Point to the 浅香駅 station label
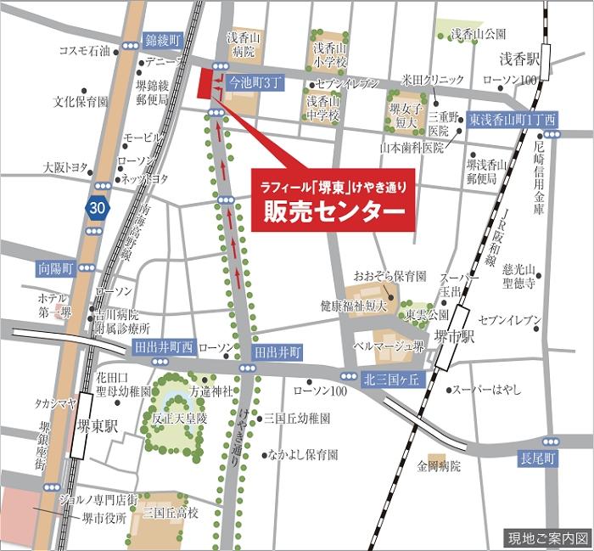click(x=519, y=59)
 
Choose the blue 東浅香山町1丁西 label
click(x=512, y=119)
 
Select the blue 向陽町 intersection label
click(x=54, y=267)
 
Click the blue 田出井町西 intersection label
click(x=164, y=346)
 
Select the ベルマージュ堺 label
click(x=389, y=346)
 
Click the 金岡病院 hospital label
click(x=438, y=466)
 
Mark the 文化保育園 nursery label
click(x=81, y=101)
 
